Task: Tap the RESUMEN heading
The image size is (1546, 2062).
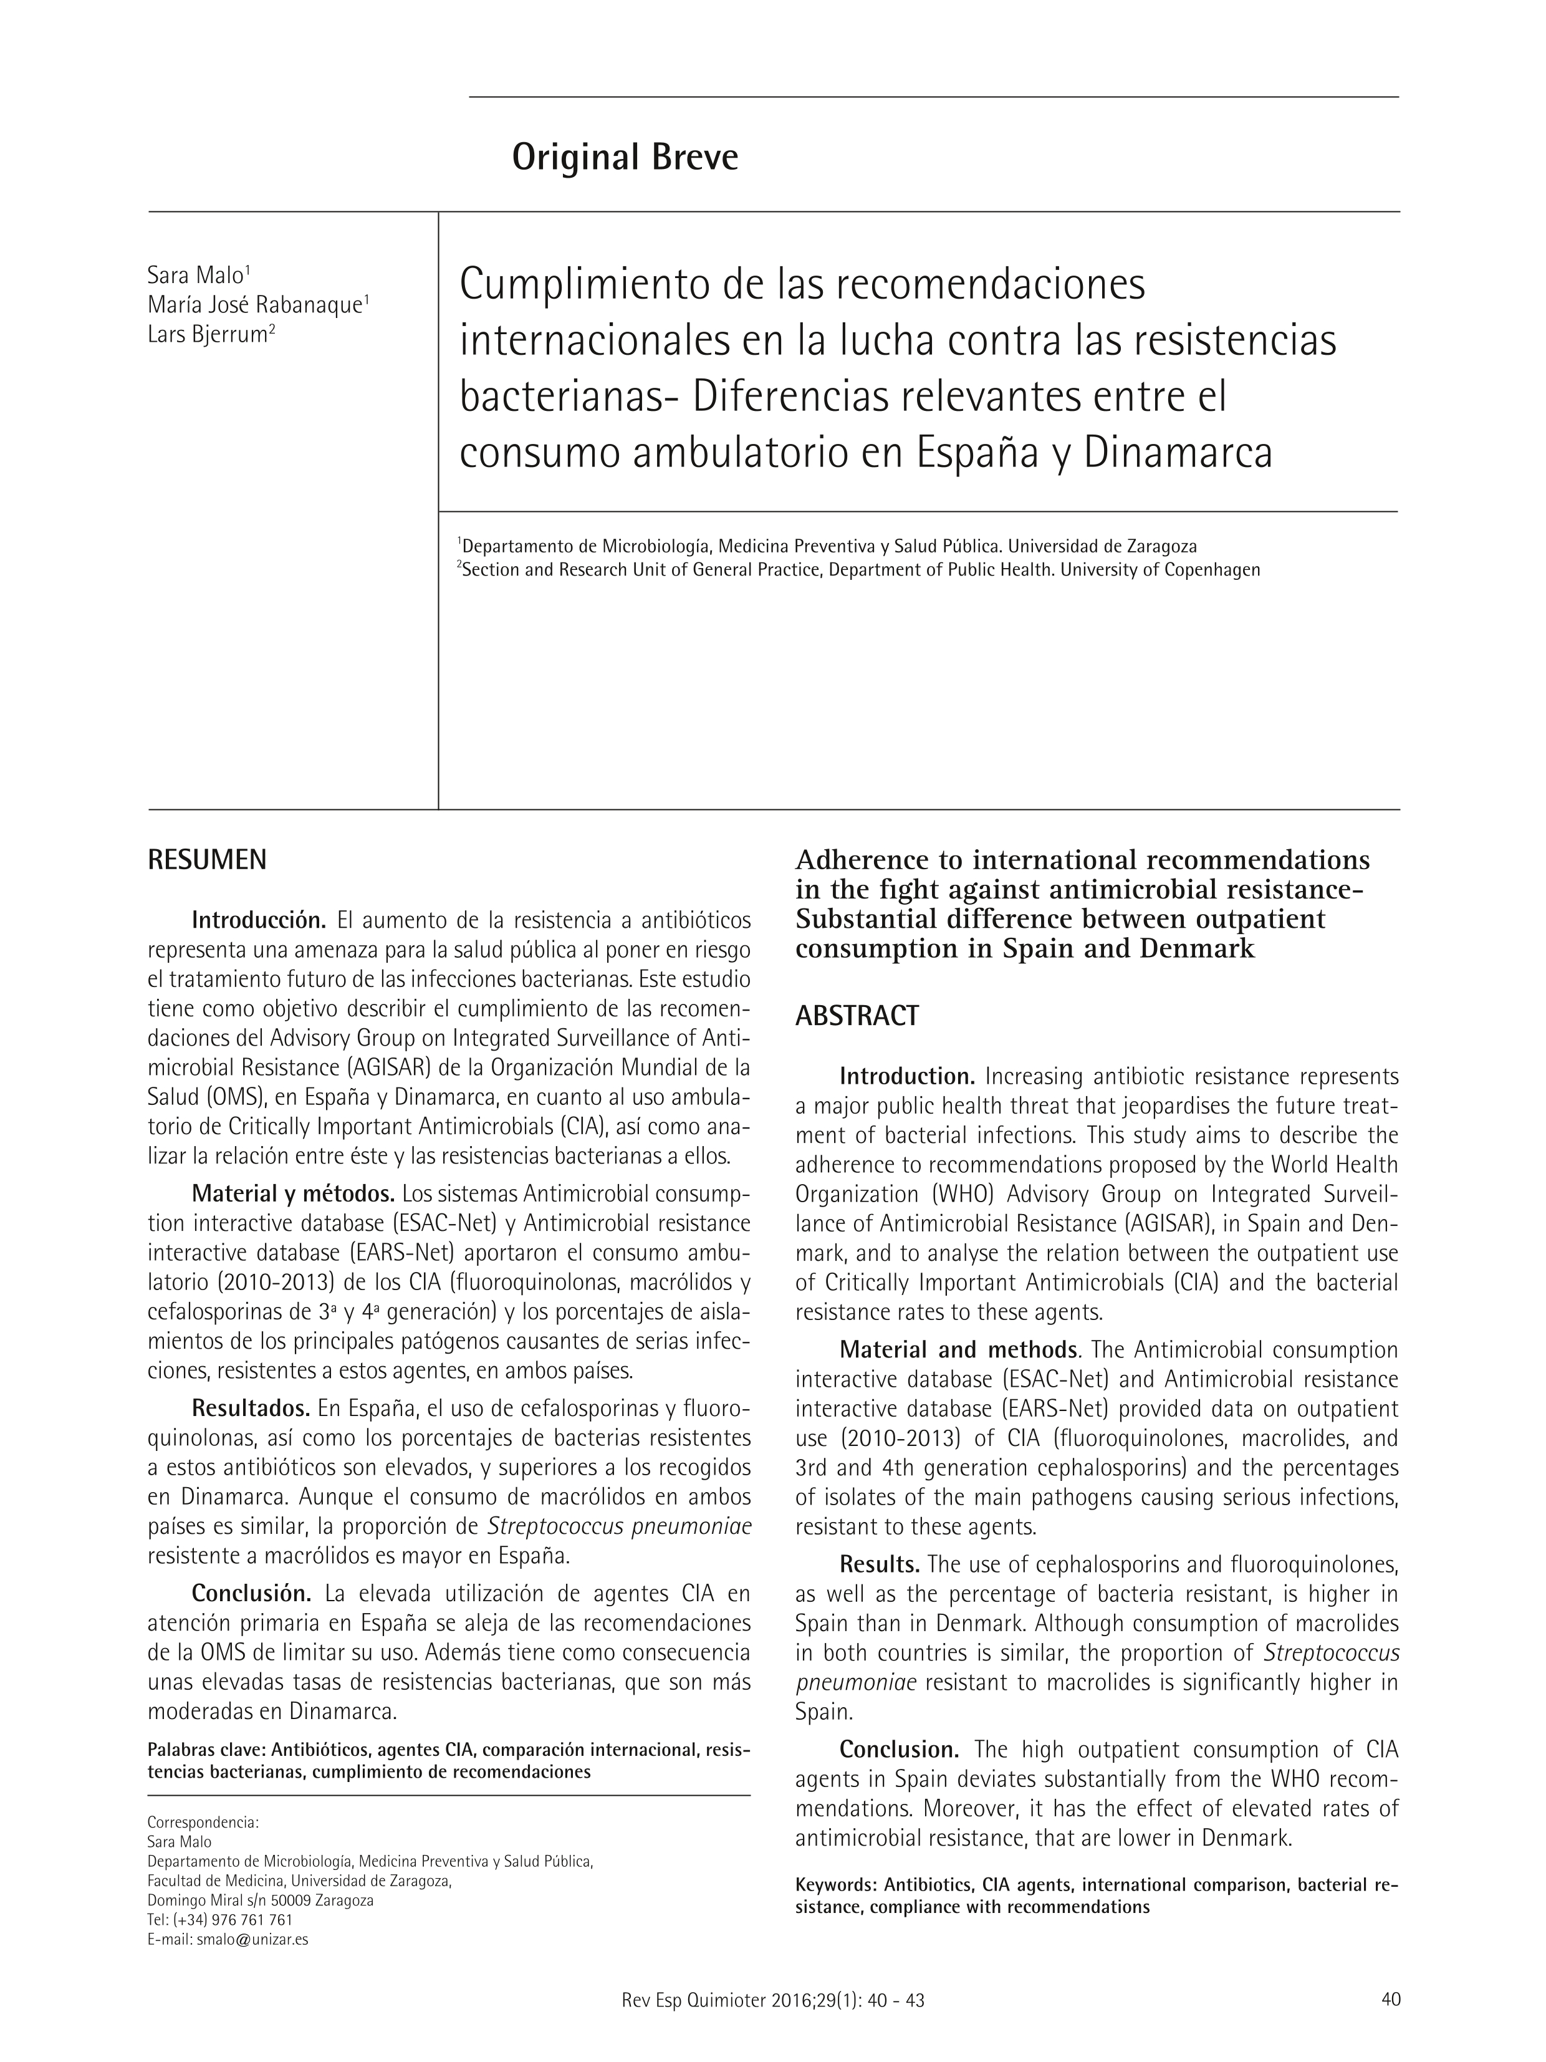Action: coord(207,860)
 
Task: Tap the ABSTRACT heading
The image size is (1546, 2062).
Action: coord(857,1016)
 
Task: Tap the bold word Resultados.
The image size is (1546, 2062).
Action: coord(251,1407)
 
